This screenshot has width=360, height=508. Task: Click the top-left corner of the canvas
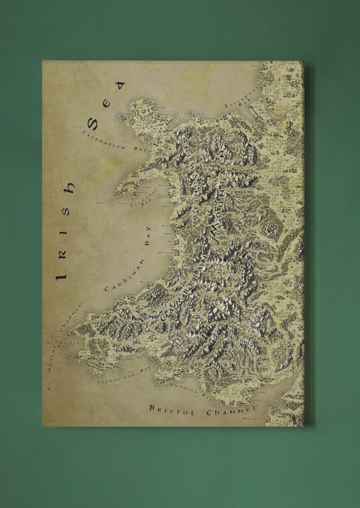43,61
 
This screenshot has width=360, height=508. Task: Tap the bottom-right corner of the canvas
303,426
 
